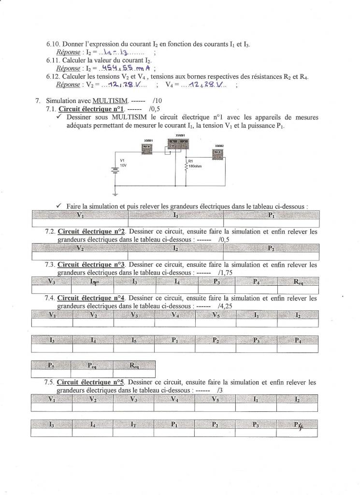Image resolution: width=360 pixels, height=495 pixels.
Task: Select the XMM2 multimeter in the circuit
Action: point(218,154)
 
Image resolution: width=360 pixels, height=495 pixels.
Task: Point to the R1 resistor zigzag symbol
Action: point(186,165)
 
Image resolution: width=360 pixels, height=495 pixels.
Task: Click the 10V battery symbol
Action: point(116,170)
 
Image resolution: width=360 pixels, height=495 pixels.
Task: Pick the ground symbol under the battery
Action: point(116,194)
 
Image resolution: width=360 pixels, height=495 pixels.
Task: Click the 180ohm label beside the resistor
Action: point(195,166)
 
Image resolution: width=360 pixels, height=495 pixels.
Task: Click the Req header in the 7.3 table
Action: point(299,281)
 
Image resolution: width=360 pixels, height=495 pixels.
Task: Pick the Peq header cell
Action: point(92,365)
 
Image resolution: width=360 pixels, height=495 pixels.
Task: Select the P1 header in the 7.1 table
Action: point(271,215)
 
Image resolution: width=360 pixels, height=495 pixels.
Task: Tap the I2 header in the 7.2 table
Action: point(175,248)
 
